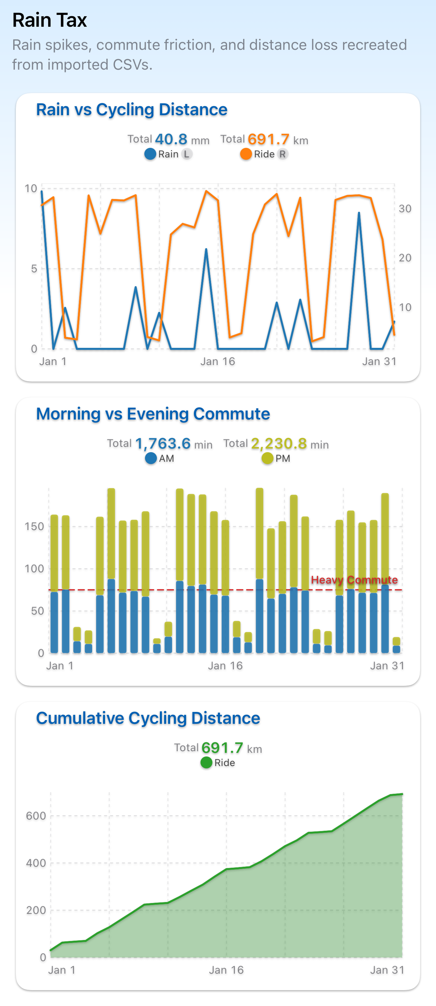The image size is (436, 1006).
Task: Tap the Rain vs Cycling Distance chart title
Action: coord(132,110)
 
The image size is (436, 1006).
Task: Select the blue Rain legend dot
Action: coord(150,154)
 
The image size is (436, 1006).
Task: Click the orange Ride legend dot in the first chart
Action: coord(246,154)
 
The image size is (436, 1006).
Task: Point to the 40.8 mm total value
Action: coord(171,139)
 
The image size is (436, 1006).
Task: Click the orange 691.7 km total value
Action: coord(269,139)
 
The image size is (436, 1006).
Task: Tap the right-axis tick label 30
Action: coord(405,209)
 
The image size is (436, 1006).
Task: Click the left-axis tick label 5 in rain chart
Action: coord(34,269)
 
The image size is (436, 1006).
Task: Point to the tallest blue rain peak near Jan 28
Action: coord(359,214)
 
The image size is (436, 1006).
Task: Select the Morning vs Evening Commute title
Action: coord(153,414)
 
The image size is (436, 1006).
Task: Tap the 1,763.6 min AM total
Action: coord(163,444)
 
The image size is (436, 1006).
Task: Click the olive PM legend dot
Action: coord(267,458)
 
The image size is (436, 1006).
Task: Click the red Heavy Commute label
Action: coord(354,580)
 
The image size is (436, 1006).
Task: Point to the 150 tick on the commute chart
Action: coord(34,526)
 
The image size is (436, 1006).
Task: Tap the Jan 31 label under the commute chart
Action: coord(387,665)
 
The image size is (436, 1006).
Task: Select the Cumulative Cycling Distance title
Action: coord(148,718)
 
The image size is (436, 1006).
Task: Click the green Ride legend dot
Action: coord(206,762)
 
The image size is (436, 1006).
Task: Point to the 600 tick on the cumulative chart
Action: coord(36,816)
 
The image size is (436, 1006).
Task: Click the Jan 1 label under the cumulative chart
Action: coord(62,970)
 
